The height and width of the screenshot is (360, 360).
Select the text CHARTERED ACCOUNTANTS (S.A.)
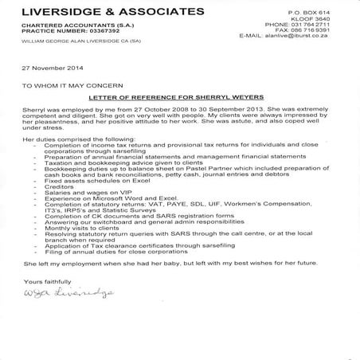point(68,27)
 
